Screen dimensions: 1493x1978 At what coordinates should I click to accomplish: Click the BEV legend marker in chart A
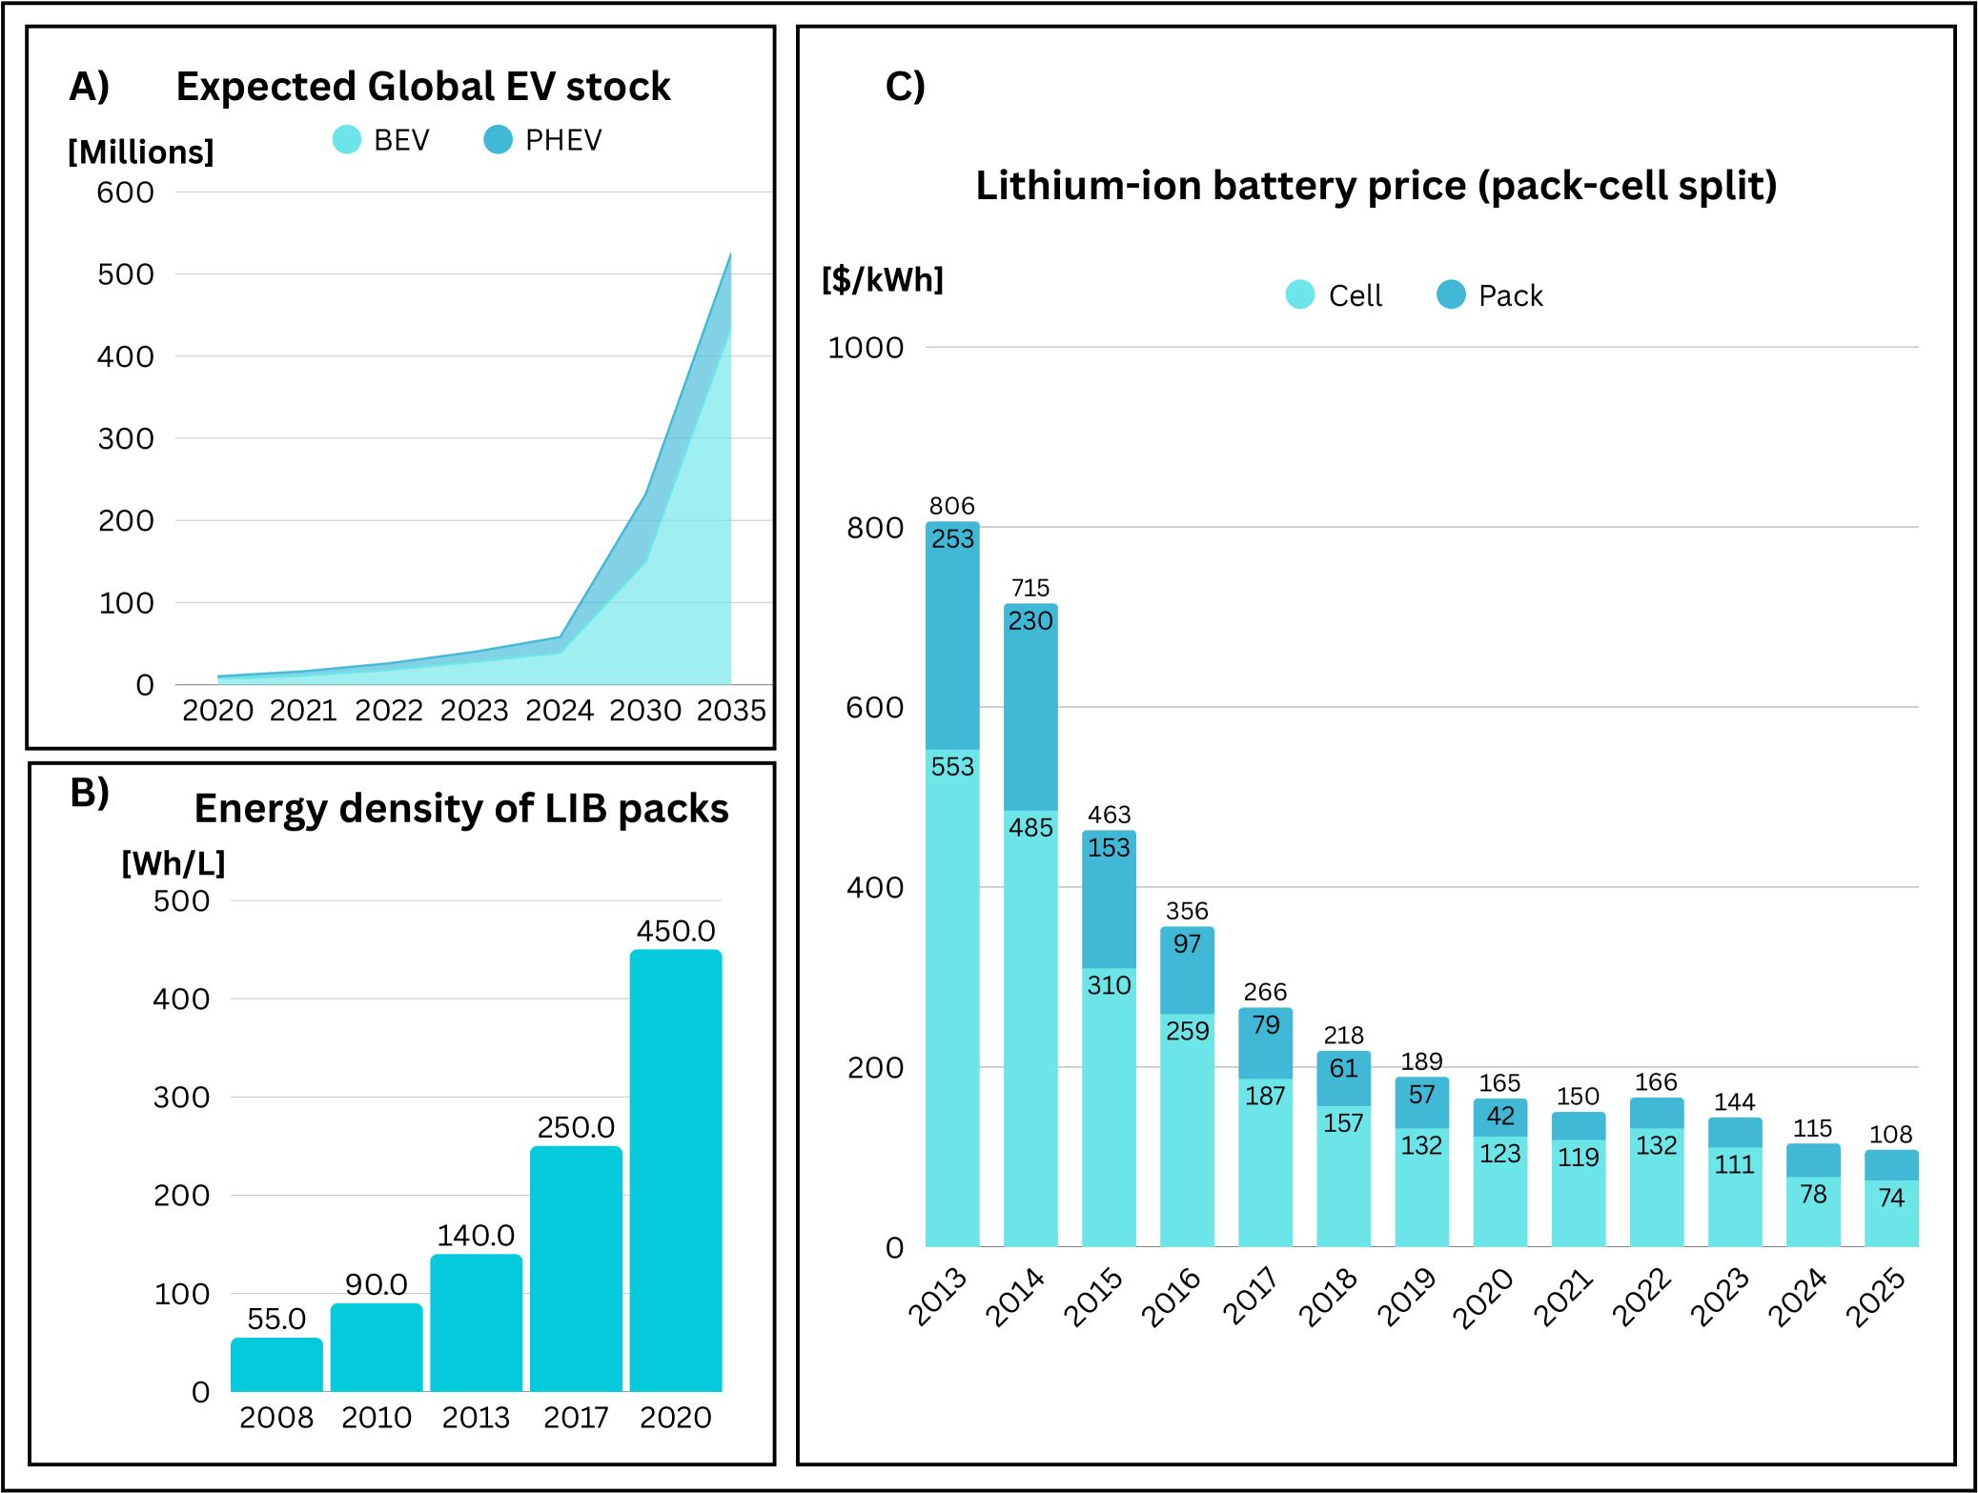tap(347, 140)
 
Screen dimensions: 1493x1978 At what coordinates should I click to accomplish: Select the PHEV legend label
tap(563, 140)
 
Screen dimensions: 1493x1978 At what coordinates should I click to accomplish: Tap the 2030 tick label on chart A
tap(645, 710)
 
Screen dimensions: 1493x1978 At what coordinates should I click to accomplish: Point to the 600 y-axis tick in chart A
tap(125, 192)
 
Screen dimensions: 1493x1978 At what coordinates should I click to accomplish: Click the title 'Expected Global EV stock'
tap(423, 87)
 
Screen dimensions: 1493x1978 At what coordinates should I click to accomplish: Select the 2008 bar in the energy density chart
tap(276, 1364)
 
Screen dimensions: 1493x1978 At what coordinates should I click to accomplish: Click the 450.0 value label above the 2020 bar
tap(675, 931)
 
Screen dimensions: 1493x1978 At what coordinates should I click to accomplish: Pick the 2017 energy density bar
tap(576, 1267)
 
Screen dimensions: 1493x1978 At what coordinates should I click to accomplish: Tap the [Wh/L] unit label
tap(173, 863)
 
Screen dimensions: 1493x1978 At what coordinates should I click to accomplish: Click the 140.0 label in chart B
tap(476, 1235)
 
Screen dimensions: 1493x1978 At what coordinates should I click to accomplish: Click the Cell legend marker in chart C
tap(1300, 294)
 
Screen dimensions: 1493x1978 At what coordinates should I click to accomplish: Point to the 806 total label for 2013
tap(951, 506)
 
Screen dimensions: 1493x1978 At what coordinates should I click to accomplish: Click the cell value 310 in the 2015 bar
tap(1109, 985)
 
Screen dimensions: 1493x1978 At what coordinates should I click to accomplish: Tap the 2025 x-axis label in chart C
tap(1876, 1297)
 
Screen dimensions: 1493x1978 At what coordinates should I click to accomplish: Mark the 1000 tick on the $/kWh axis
tap(866, 348)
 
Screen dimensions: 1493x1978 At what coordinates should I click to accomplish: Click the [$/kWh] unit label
tap(883, 279)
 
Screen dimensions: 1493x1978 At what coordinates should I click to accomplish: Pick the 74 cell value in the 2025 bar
tap(1891, 1197)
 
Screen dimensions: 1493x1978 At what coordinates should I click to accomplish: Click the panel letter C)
tap(905, 87)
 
